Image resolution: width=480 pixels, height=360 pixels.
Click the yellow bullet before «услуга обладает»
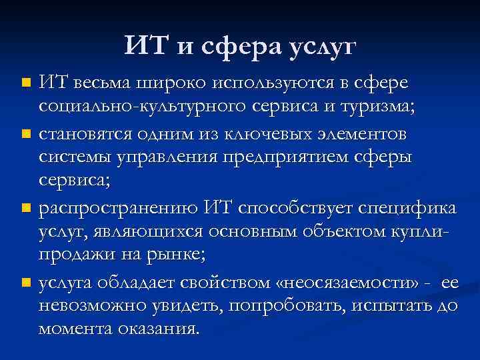25,283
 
